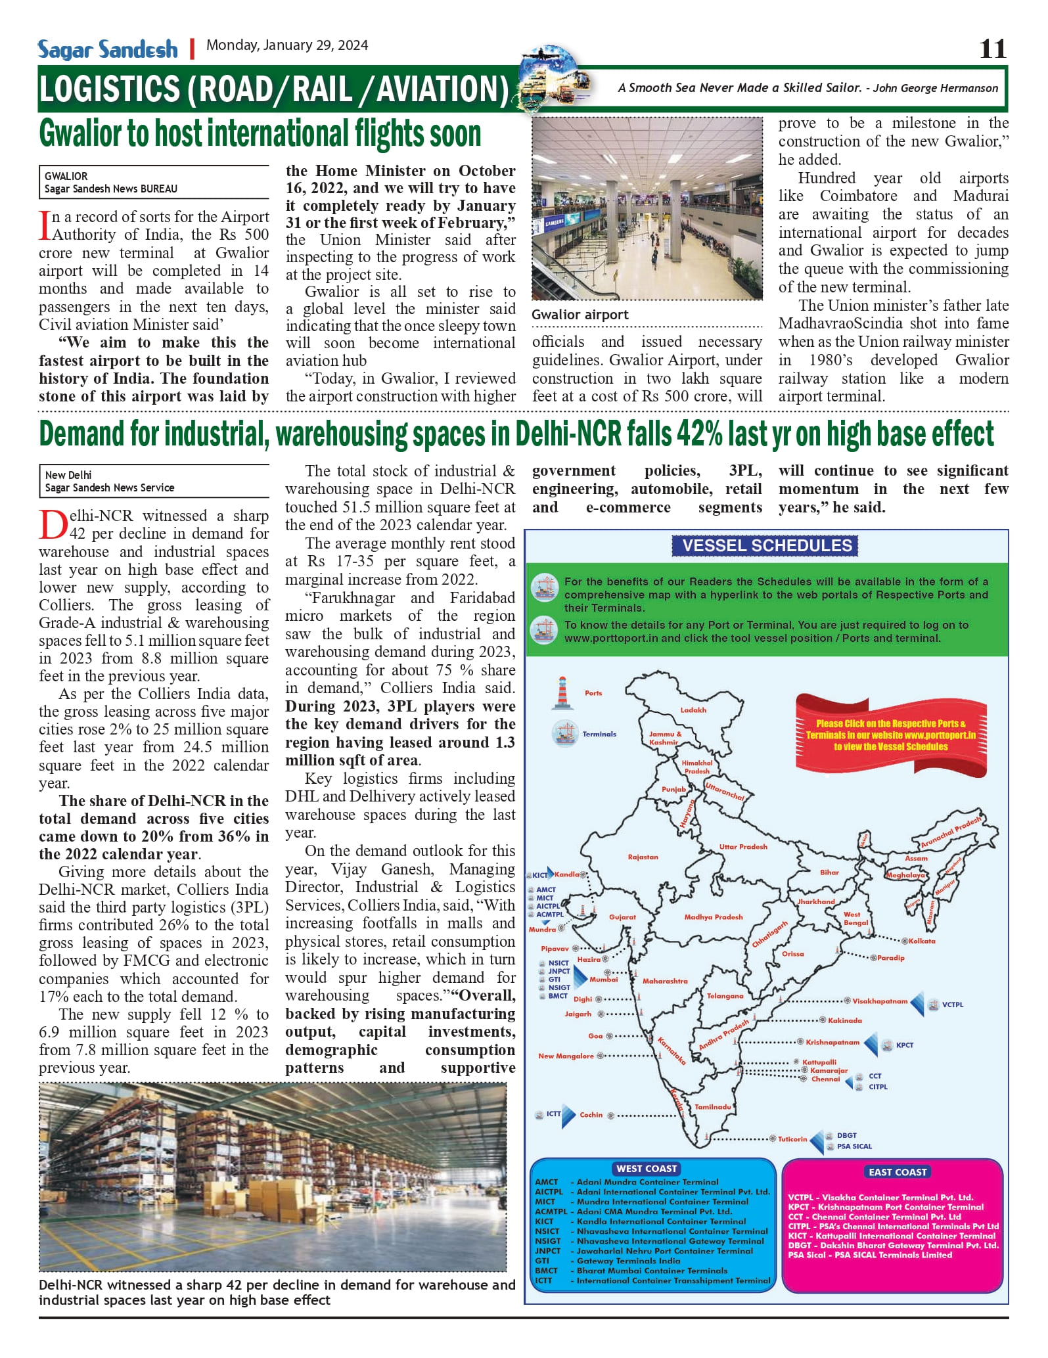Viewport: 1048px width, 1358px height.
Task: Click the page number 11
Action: click(x=992, y=49)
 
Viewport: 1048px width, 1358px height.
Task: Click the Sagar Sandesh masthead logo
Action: click(x=108, y=49)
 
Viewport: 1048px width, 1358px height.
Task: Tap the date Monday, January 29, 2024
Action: click(x=287, y=45)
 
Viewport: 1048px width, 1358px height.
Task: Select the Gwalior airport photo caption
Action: click(x=580, y=315)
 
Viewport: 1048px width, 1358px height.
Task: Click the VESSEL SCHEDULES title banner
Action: click(x=766, y=545)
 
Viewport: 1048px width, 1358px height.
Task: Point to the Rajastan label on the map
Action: click(x=643, y=857)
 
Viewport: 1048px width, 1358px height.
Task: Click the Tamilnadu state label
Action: click(x=713, y=1106)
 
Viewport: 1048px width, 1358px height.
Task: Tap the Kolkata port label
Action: click(x=922, y=941)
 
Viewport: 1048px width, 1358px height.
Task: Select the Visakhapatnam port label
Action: click(x=880, y=1001)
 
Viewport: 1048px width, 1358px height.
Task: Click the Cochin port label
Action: click(x=591, y=1115)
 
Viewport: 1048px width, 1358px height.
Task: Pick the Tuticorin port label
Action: click(x=792, y=1139)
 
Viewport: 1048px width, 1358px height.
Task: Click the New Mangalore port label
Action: click(x=566, y=1056)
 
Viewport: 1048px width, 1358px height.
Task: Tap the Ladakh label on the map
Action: click(x=693, y=710)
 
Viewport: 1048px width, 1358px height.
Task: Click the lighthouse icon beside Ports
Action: click(x=562, y=693)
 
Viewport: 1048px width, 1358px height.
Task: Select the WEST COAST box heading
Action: click(x=647, y=1169)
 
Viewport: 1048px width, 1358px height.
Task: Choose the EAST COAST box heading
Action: click(x=897, y=1172)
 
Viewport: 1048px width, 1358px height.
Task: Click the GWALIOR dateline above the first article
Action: click(x=66, y=176)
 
